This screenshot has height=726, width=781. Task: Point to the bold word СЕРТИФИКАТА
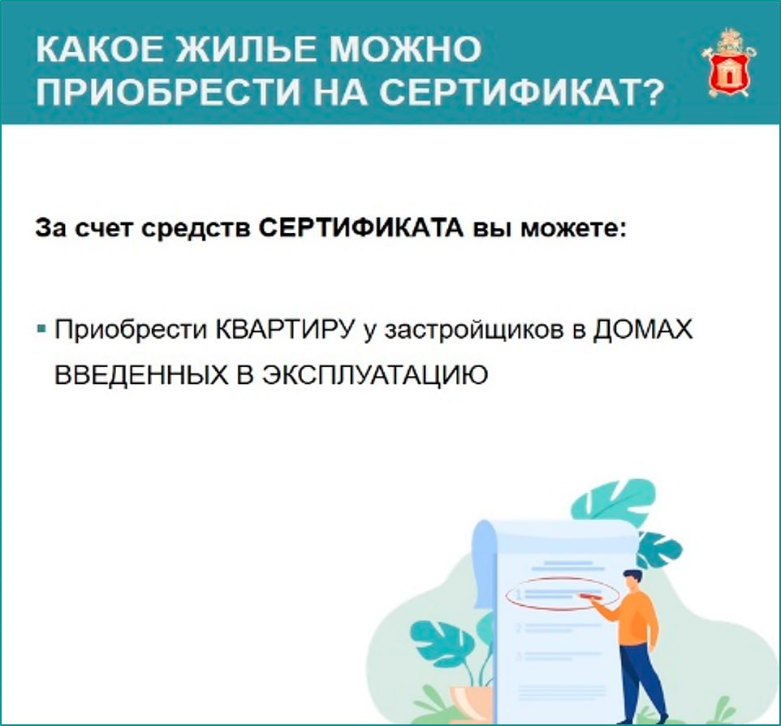(x=361, y=229)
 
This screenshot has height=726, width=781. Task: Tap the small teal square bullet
(x=42, y=329)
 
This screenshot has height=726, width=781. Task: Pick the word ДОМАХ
(x=642, y=330)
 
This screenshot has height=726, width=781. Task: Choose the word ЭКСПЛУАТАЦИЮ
(x=375, y=375)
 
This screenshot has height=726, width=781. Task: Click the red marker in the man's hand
(x=589, y=595)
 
